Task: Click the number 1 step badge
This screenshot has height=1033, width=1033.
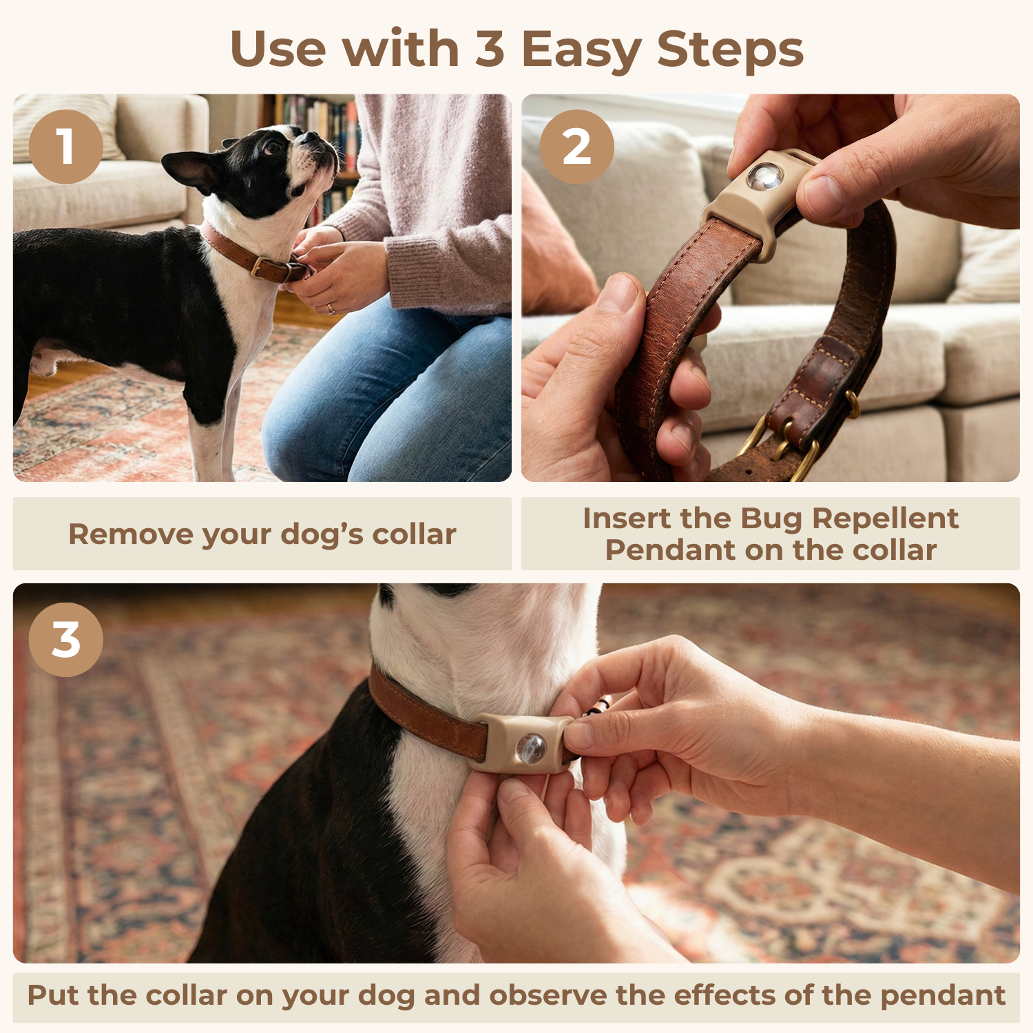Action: coord(66,147)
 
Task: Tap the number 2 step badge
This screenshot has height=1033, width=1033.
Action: coord(576,147)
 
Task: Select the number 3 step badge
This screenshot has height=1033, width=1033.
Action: coord(66,640)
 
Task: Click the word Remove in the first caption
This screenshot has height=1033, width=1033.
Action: coord(121,534)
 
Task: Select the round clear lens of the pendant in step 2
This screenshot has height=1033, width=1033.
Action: coord(765,176)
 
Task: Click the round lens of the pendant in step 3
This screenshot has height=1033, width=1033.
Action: coord(531,749)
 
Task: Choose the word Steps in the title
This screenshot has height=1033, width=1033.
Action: coord(730,50)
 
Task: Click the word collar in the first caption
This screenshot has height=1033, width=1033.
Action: coord(414,534)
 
